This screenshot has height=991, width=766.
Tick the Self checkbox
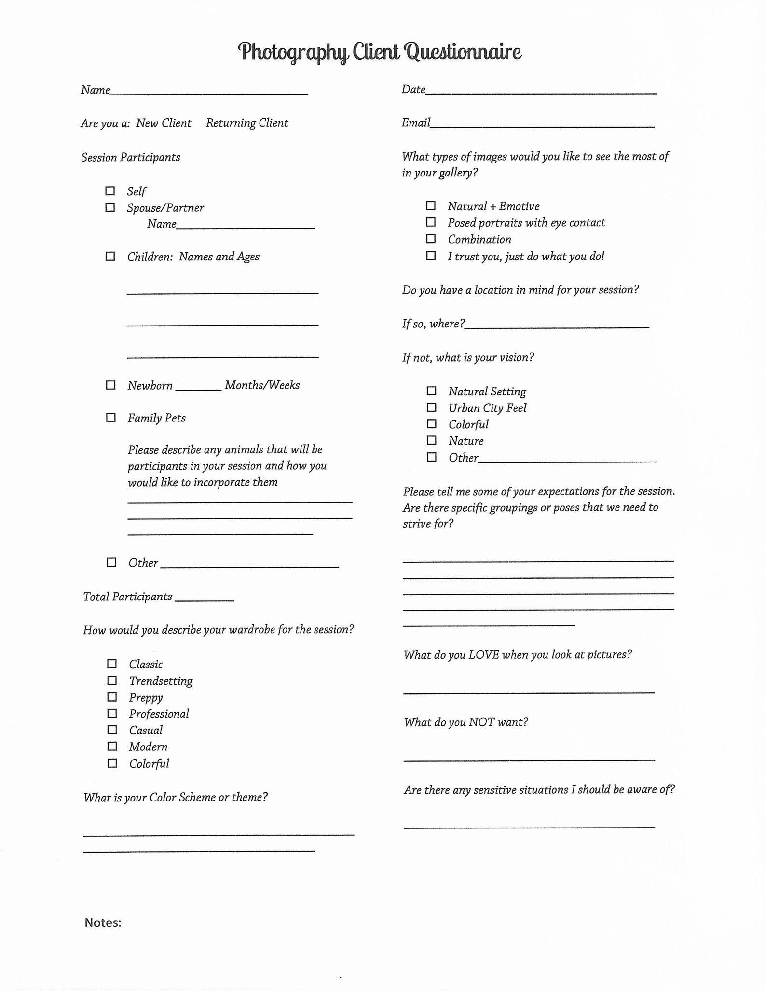click(x=110, y=191)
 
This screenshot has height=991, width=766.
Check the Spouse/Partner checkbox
click(x=110, y=207)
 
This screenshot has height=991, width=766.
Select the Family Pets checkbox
click(x=111, y=418)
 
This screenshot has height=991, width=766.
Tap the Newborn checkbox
click(x=111, y=385)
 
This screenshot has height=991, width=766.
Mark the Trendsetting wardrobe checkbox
click(x=112, y=680)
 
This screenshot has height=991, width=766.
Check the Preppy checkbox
click(x=112, y=697)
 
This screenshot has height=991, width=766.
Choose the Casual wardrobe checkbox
click(x=112, y=730)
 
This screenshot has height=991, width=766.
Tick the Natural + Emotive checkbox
click(x=431, y=206)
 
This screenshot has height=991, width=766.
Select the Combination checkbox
click(x=431, y=239)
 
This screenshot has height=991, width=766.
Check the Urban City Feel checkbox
click(x=432, y=407)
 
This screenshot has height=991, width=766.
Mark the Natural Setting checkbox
click(x=432, y=391)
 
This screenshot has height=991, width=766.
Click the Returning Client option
click(x=247, y=123)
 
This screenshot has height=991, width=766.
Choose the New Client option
click(x=164, y=123)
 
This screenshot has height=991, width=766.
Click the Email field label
click(x=415, y=123)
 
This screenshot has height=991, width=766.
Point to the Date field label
click(x=413, y=90)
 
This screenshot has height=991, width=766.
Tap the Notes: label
click(x=103, y=923)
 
